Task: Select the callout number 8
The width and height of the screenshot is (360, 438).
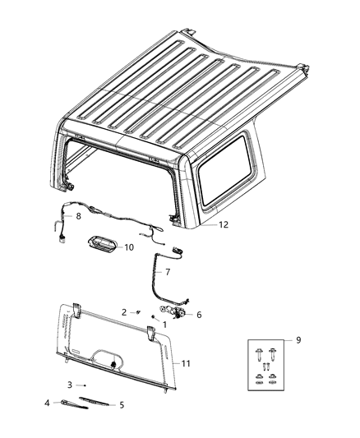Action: pos(78,217)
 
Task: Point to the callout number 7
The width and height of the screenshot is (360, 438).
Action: pos(168,270)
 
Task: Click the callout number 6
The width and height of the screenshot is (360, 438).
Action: pos(198,314)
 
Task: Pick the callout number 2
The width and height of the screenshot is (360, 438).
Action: pos(124,312)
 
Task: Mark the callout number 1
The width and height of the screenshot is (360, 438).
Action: pos(164,325)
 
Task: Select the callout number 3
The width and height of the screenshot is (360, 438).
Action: pos(70,385)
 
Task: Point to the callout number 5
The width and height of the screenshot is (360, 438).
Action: pos(121,405)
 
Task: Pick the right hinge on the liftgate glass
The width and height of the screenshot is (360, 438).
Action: pos(153,332)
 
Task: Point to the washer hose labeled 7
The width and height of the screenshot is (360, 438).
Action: pos(154,279)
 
